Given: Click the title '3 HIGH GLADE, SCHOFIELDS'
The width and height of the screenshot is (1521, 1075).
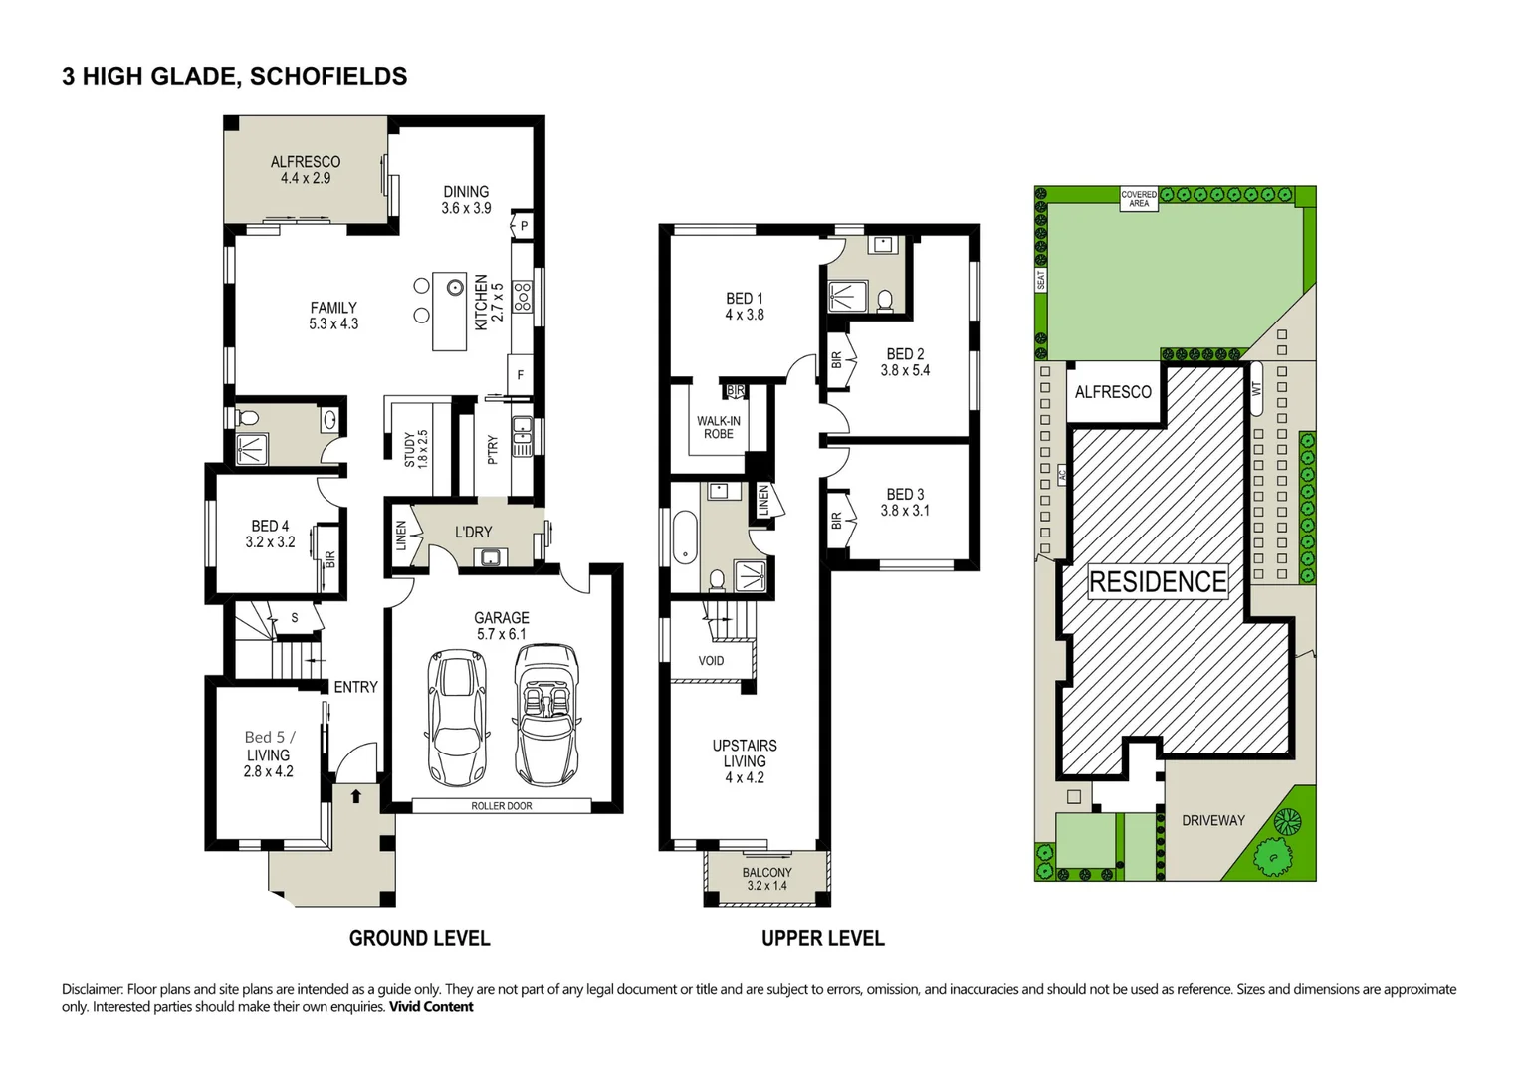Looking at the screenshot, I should (234, 76).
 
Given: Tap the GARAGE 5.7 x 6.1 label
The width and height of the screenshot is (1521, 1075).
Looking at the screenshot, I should (502, 625).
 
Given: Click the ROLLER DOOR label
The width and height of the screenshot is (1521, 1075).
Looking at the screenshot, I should (502, 806).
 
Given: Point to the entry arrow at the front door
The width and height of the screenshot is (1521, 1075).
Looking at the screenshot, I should (356, 795).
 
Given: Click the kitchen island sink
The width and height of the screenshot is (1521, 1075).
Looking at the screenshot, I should (455, 288).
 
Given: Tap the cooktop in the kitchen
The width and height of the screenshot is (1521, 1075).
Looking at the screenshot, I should (522, 297).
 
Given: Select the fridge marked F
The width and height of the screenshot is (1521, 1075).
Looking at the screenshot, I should (520, 375).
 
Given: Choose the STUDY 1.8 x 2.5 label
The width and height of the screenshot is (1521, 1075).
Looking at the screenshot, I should (416, 449).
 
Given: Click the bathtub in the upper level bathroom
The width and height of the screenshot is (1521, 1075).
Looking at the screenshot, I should (684, 537).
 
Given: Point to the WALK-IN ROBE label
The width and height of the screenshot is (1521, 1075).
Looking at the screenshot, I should (718, 427).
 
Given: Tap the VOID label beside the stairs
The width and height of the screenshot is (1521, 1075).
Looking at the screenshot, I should (711, 661).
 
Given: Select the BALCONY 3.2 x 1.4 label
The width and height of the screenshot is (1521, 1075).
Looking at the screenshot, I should (766, 879).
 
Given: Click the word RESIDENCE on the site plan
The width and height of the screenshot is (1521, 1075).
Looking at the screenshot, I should (1158, 581).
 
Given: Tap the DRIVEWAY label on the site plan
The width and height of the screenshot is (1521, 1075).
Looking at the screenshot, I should (1212, 820).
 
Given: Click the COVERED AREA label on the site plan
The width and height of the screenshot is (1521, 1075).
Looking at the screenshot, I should (1139, 198).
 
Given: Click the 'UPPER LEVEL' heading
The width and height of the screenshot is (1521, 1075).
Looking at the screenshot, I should (822, 938).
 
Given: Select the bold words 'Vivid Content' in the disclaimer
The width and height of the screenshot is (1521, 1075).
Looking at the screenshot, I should (431, 1007).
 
